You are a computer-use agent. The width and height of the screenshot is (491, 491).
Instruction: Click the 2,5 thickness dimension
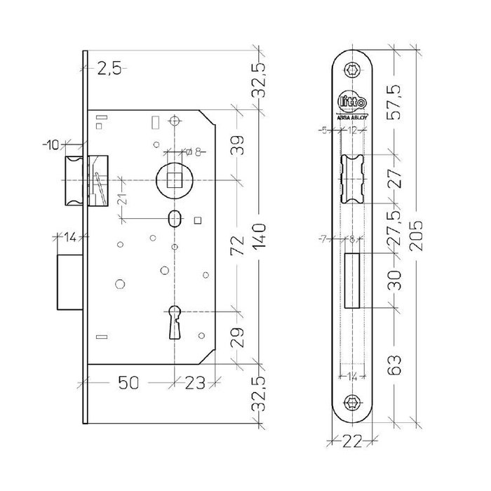pos(109,69)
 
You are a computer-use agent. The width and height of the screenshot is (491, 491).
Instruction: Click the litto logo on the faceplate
pos(351,103)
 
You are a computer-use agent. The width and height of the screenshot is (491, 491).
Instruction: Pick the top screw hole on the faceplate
pos(351,71)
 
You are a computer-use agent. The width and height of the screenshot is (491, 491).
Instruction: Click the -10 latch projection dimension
pos(51,145)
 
